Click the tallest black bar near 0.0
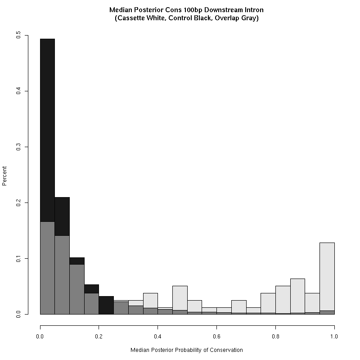tap(48, 130)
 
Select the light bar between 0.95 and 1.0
tap(327, 277)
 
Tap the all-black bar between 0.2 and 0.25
tap(106, 305)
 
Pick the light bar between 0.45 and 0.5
tap(180, 298)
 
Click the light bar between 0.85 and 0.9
tap(298, 296)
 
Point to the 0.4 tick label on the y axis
tap(18, 91)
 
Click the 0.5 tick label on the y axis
tap(18, 36)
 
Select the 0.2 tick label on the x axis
tap(99, 337)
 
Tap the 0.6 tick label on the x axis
tap(216, 337)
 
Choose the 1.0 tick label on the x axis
tap(334, 337)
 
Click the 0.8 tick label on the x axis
tap(275, 337)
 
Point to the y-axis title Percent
tap(4, 176)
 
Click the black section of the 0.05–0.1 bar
tap(62, 216)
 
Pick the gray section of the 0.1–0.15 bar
tap(77, 289)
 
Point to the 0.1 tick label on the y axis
tap(18, 258)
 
